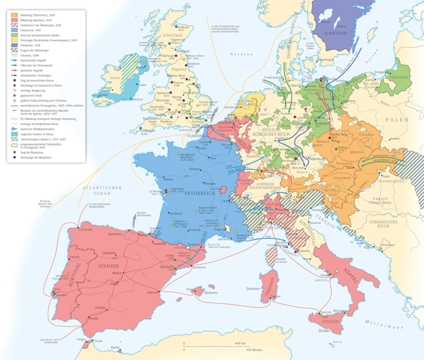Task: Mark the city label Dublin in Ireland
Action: (x=141, y=85)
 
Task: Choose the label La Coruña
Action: (x=79, y=229)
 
